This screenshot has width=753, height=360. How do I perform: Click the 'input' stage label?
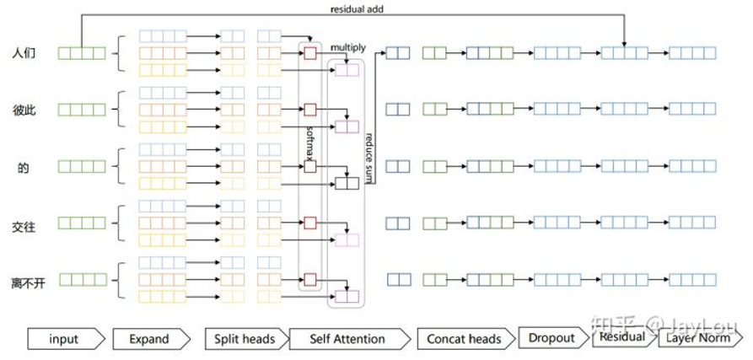tap(64, 339)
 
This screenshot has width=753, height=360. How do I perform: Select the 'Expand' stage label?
tap(149, 339)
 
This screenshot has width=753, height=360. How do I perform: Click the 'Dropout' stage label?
tap(551, 337)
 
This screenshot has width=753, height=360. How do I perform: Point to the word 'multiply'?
tap(347, 48)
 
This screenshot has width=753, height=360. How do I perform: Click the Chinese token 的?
tap(24, 167)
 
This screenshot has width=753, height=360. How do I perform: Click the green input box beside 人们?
tap(82, 53)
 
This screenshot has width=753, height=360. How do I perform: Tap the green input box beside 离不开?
tap(82, 280)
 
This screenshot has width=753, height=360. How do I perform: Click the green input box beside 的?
tap(82, 167)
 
